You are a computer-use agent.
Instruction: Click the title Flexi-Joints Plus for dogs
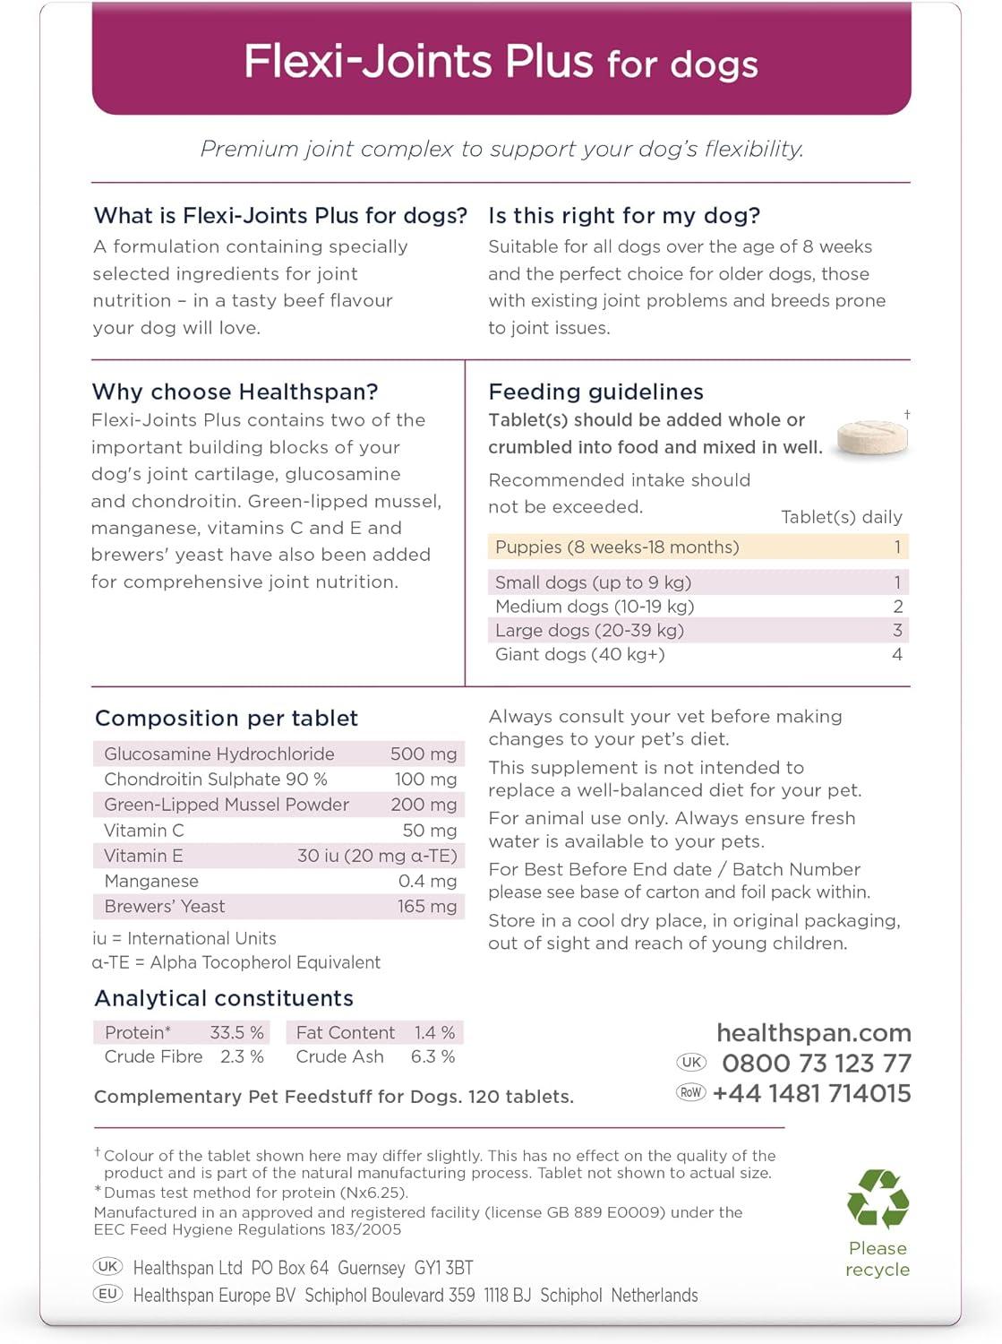click(x=501, y=63)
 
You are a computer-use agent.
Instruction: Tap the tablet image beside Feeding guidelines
click(x=872, y=436)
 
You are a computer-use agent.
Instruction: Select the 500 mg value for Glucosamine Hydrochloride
click(x=424, y=754)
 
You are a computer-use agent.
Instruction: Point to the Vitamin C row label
click(x=144, y=831)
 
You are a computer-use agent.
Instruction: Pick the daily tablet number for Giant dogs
click(x=897, y=655)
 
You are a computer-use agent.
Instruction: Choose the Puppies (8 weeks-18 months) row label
click(x=617, y=547)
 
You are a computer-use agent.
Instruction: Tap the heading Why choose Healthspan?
click(x=235, y=392)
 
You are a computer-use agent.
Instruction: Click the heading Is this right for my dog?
click(x=624, y=216)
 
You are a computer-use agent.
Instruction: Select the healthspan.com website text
click(x=814, y=1033)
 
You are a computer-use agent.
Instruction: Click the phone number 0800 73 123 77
click(x=817, y=1064)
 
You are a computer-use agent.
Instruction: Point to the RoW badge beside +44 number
click(x=691, y=1092)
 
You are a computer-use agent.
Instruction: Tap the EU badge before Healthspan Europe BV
click(x=108, y=1294)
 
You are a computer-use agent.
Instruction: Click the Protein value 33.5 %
click(x=236, y=1033)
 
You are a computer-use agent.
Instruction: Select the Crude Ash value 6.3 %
click(x=432, y=1057)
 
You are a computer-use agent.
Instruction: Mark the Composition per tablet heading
click(x=227, y=719)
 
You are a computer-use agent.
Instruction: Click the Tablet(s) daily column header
click(x=842, y=517)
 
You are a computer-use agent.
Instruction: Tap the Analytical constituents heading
click(x=224, y=998)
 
